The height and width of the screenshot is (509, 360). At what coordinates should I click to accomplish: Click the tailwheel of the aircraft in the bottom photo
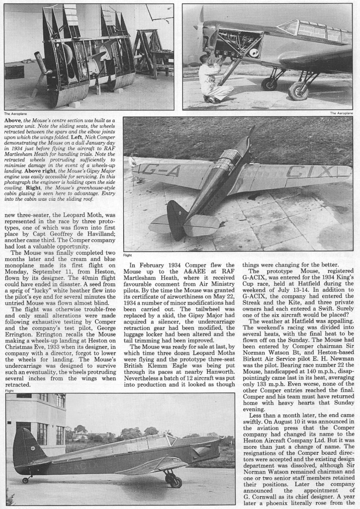[24, 480]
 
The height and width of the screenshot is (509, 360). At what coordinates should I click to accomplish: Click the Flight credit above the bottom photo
[10, 391]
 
